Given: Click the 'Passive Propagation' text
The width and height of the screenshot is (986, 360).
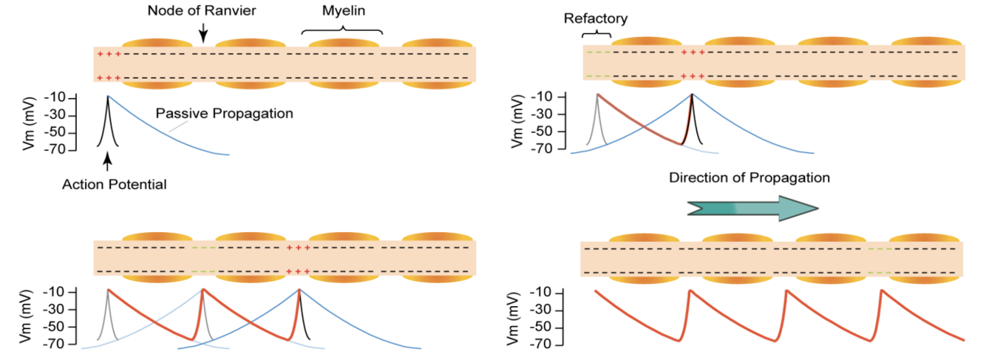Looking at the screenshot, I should coord(225,114).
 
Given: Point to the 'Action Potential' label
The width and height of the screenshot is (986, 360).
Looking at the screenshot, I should coord(114,185).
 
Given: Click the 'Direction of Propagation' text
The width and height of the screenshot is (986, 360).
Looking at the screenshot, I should coord(749,178).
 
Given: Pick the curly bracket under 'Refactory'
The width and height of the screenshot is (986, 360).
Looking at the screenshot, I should coord(596,34).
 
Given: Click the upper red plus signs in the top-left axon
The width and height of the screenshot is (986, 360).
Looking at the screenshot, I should coord(109,54).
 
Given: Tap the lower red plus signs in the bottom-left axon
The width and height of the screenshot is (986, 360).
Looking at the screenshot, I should coord(299,272).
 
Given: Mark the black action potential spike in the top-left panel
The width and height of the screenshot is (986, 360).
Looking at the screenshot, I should coord(108,122).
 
